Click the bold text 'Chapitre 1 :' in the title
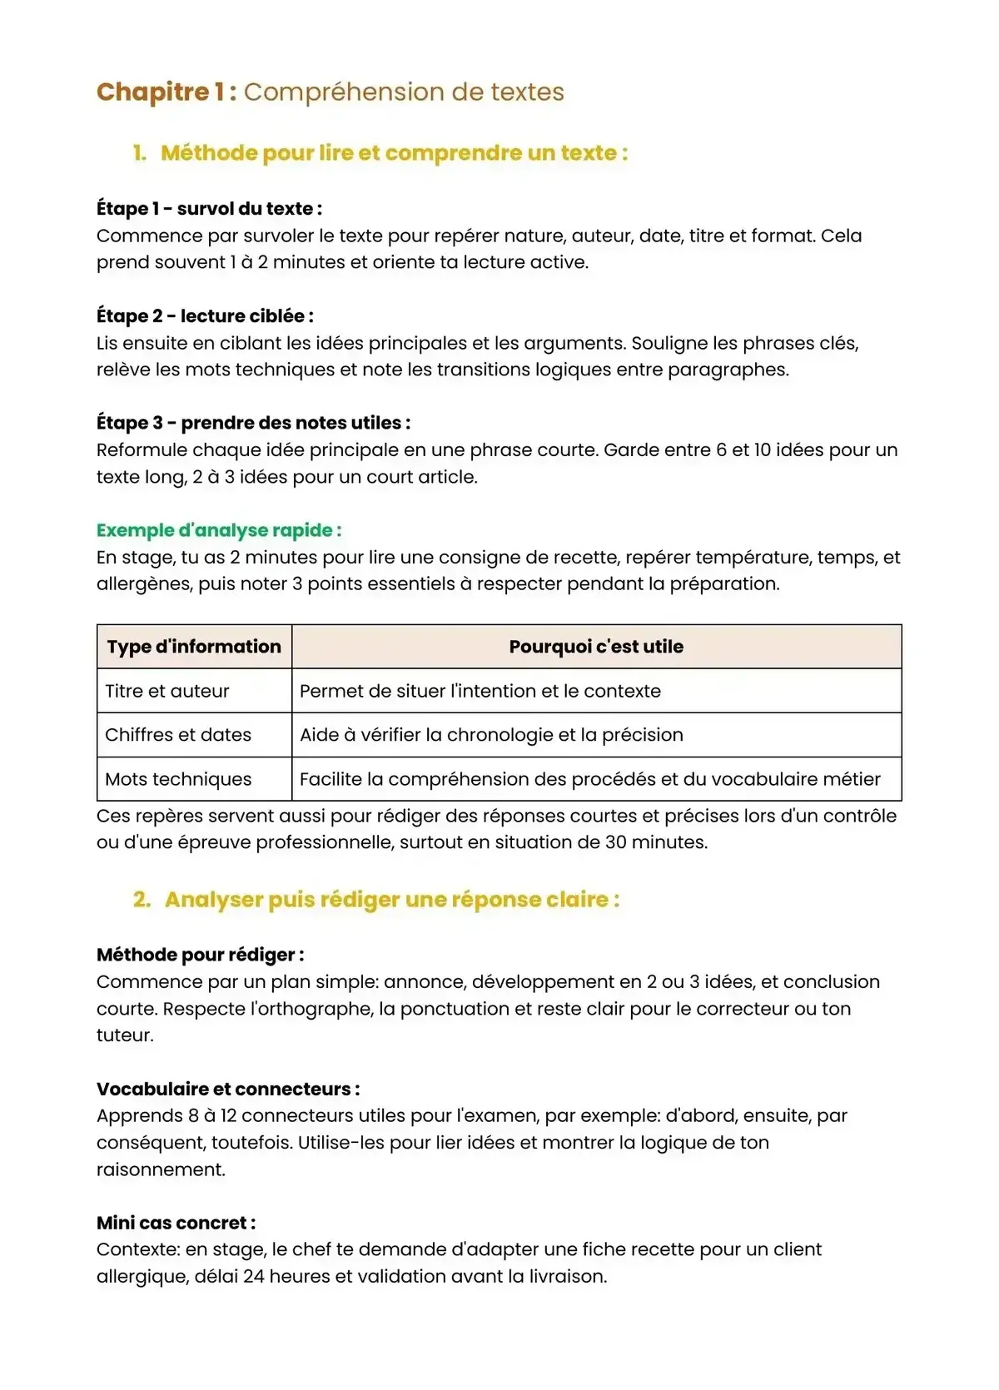click(166, 92)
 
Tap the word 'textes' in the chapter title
click(527, 92)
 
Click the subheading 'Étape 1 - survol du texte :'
click(209, 209)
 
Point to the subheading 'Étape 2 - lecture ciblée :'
click(205, 316)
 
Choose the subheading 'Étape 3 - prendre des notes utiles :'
click(253, 423)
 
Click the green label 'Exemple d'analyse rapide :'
click(219, 530)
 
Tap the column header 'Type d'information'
click(194, 647)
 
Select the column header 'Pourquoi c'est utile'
click(596, 647)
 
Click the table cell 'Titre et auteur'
click(167, 691)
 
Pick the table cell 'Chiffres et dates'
click(178, 735)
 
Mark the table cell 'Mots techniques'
click(178, 779)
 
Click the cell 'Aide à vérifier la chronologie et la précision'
click(491, 735)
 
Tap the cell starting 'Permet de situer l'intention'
click(480, 691)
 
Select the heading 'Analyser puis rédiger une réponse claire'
click(391, 900)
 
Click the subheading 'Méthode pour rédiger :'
click(200, 955)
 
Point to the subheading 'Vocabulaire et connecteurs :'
click(228, 1089)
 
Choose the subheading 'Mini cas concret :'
click(176, 1223)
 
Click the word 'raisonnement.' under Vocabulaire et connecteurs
click(161, 1169)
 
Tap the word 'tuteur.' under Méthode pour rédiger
click(125, 1035)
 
